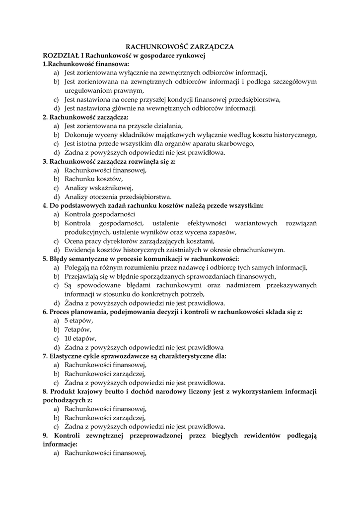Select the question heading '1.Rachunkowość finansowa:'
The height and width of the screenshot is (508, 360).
85,64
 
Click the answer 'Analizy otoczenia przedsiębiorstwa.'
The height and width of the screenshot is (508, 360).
118,196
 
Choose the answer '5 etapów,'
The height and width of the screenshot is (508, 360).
78,320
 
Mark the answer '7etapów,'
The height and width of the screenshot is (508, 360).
78,329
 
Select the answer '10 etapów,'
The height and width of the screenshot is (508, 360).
80,338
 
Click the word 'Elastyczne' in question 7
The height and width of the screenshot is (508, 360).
68,356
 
